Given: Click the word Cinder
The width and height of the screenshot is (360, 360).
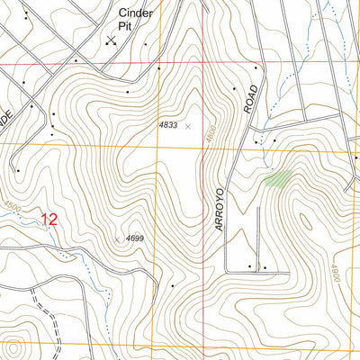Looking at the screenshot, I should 137,13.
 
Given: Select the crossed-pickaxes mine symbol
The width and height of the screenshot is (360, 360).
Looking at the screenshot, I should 111,40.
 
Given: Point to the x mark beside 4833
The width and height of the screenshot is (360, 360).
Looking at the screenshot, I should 188,127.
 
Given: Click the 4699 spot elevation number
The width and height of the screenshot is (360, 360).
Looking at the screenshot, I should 135,238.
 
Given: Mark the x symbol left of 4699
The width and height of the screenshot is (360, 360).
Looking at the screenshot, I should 117,238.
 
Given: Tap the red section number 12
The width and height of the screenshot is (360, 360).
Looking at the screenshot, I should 49,219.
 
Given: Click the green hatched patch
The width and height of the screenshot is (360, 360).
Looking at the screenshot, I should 278,178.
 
